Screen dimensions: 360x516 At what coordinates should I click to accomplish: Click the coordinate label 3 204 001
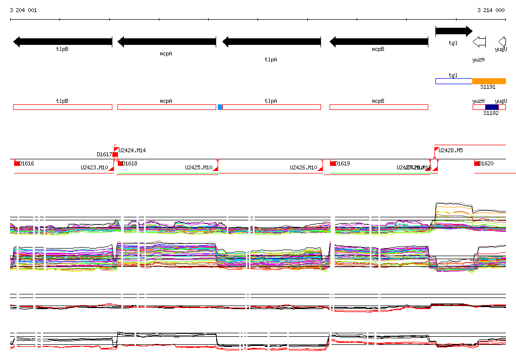[x=23, y=10]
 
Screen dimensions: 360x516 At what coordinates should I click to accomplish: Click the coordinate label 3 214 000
[x=491, y=10]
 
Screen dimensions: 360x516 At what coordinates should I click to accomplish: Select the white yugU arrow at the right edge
[x=501, y=42]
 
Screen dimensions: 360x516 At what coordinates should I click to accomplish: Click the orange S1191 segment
[x=489, y=81]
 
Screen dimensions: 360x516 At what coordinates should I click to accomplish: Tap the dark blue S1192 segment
[x=491, y=107]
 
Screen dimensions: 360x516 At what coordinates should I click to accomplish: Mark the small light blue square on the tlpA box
[x=220, y=107]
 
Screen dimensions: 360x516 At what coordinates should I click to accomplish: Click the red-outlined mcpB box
[x=378, y=107]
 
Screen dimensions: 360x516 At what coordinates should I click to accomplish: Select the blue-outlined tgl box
[x=454, y=81]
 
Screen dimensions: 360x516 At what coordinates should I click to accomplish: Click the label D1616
[x=27, y=163]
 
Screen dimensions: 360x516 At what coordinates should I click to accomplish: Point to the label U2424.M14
[x=132, y=150]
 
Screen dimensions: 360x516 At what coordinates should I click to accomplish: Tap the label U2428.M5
[x=450, y=150]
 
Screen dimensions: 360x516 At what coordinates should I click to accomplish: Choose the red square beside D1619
[x=333, y=163]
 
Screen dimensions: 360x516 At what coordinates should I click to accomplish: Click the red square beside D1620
[x=477, y=163]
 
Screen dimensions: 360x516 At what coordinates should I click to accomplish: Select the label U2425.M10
[x=199, y=167]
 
